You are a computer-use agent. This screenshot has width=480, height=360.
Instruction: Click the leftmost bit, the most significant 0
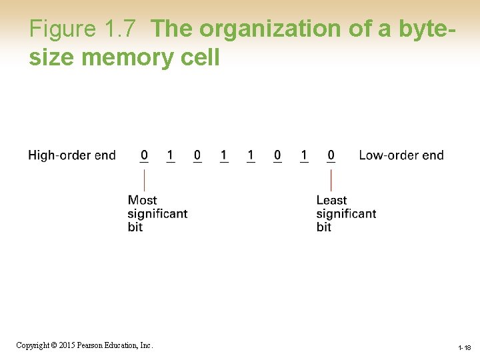144,155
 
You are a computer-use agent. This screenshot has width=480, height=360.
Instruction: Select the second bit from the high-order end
170,155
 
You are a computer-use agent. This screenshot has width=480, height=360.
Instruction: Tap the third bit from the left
197,155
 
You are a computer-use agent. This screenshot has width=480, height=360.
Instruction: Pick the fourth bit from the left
224,155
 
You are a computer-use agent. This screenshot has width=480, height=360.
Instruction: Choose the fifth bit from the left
251,155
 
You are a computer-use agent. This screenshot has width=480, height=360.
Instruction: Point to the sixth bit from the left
277,155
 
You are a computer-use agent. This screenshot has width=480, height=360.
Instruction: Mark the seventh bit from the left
304,155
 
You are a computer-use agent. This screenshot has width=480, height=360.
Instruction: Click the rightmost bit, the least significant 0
331,155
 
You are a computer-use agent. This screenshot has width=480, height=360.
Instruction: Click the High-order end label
72,155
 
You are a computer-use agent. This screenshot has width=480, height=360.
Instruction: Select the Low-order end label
401,155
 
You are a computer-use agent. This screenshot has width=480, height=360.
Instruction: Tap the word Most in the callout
142,200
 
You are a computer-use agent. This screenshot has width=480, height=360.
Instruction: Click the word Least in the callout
331,200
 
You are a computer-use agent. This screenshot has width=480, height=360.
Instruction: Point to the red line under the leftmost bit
144,180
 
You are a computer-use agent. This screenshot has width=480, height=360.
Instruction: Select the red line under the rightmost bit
331,180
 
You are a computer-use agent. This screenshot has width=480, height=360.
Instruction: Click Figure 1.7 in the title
83,29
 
